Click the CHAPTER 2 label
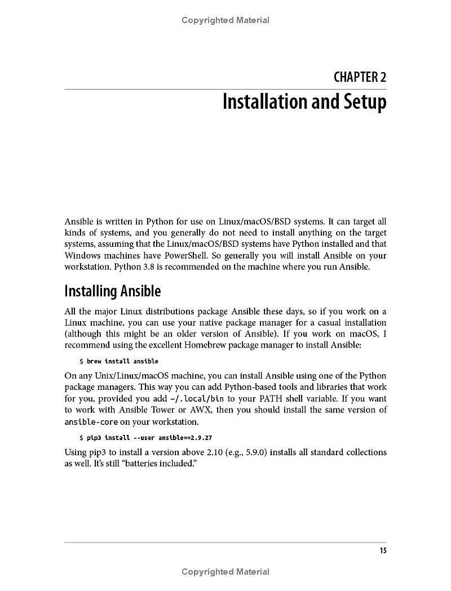pos(360,77)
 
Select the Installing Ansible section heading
pos(112,291)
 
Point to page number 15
pos(383,550)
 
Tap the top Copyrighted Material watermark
pos(225,20)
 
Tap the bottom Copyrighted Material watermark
pos(225,572)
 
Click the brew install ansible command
pos(119,361)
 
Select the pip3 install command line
pos(145,437)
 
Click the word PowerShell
pos(175,255)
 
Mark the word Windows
pos(84,255)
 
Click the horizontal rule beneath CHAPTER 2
pos(225,89)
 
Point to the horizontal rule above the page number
pos(225,543)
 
